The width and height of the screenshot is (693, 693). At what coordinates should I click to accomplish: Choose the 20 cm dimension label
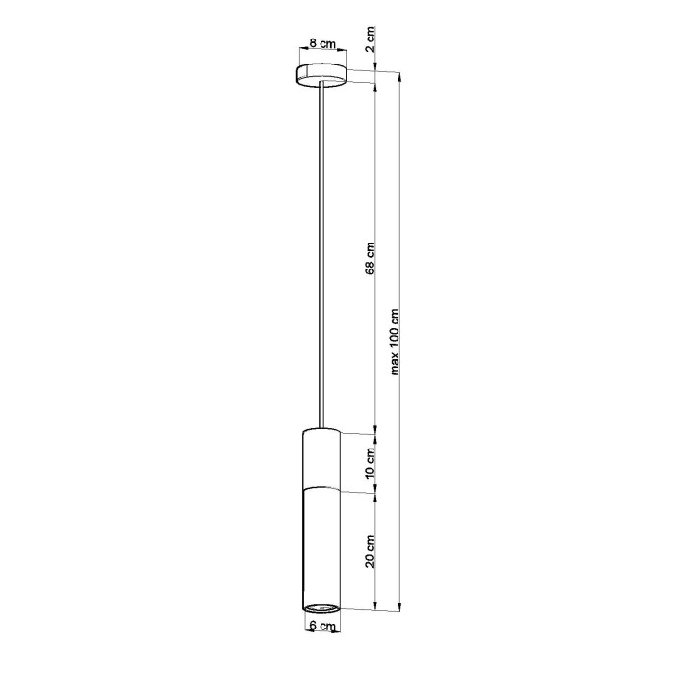(x=371, y=551)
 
